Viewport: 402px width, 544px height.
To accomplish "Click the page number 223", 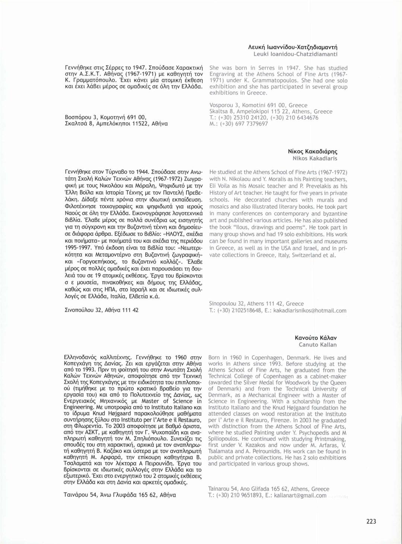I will point(371,521).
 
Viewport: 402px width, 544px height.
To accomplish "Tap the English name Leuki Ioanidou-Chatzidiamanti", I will point(295,54).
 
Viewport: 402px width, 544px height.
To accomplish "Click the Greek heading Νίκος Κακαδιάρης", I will point(313,151).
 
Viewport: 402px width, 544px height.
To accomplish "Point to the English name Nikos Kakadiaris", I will point(315,158).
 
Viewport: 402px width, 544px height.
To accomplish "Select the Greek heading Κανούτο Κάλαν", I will point(316,338).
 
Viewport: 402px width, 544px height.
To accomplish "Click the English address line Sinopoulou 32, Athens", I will point(256,304).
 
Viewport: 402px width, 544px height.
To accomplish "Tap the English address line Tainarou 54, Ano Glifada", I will point(269,489).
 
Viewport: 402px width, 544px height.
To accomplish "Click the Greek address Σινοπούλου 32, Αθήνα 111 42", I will point(102,310).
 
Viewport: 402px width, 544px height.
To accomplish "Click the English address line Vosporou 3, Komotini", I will point(258,105).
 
